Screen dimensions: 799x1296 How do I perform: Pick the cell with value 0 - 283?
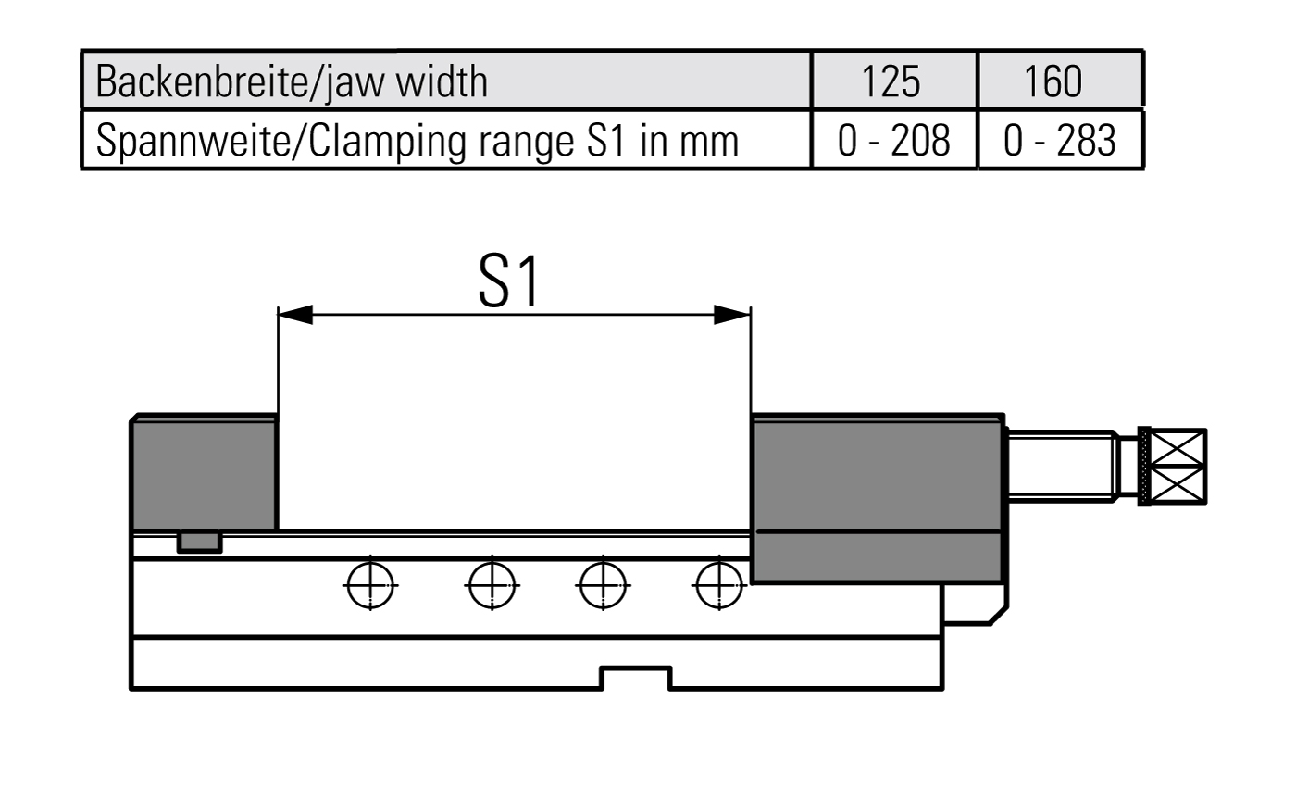[x=1060, y=141]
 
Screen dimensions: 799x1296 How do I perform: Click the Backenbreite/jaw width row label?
[x=292, y=81]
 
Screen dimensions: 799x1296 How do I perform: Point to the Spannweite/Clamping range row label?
[x=417, y=141]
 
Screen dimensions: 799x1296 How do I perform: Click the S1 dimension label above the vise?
[x=510, y=283]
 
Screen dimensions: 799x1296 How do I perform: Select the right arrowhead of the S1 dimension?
[x=732, y=316]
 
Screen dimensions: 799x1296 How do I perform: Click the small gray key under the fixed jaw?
[x=200, y=543]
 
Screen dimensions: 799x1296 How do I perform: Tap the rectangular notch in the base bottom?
[x=637, y=678]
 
